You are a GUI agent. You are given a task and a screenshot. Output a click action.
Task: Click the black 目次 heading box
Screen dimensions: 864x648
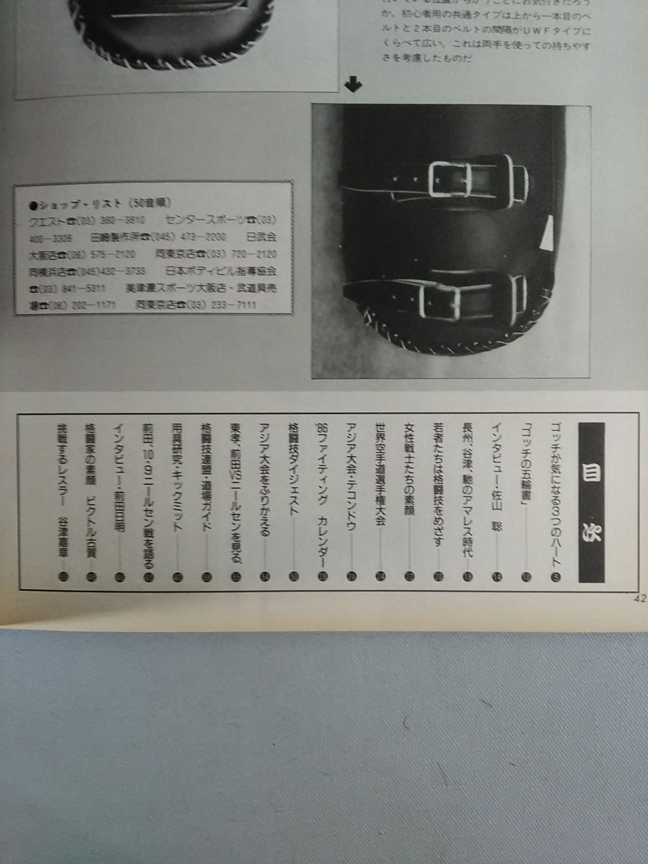(591, 502)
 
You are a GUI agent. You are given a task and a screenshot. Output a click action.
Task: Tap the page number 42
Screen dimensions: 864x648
(639, 599)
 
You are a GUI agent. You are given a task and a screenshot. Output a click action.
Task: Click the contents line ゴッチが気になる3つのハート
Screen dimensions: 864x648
(556, 495)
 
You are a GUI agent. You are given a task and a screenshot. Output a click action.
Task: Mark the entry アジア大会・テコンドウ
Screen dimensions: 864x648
(351, 477)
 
